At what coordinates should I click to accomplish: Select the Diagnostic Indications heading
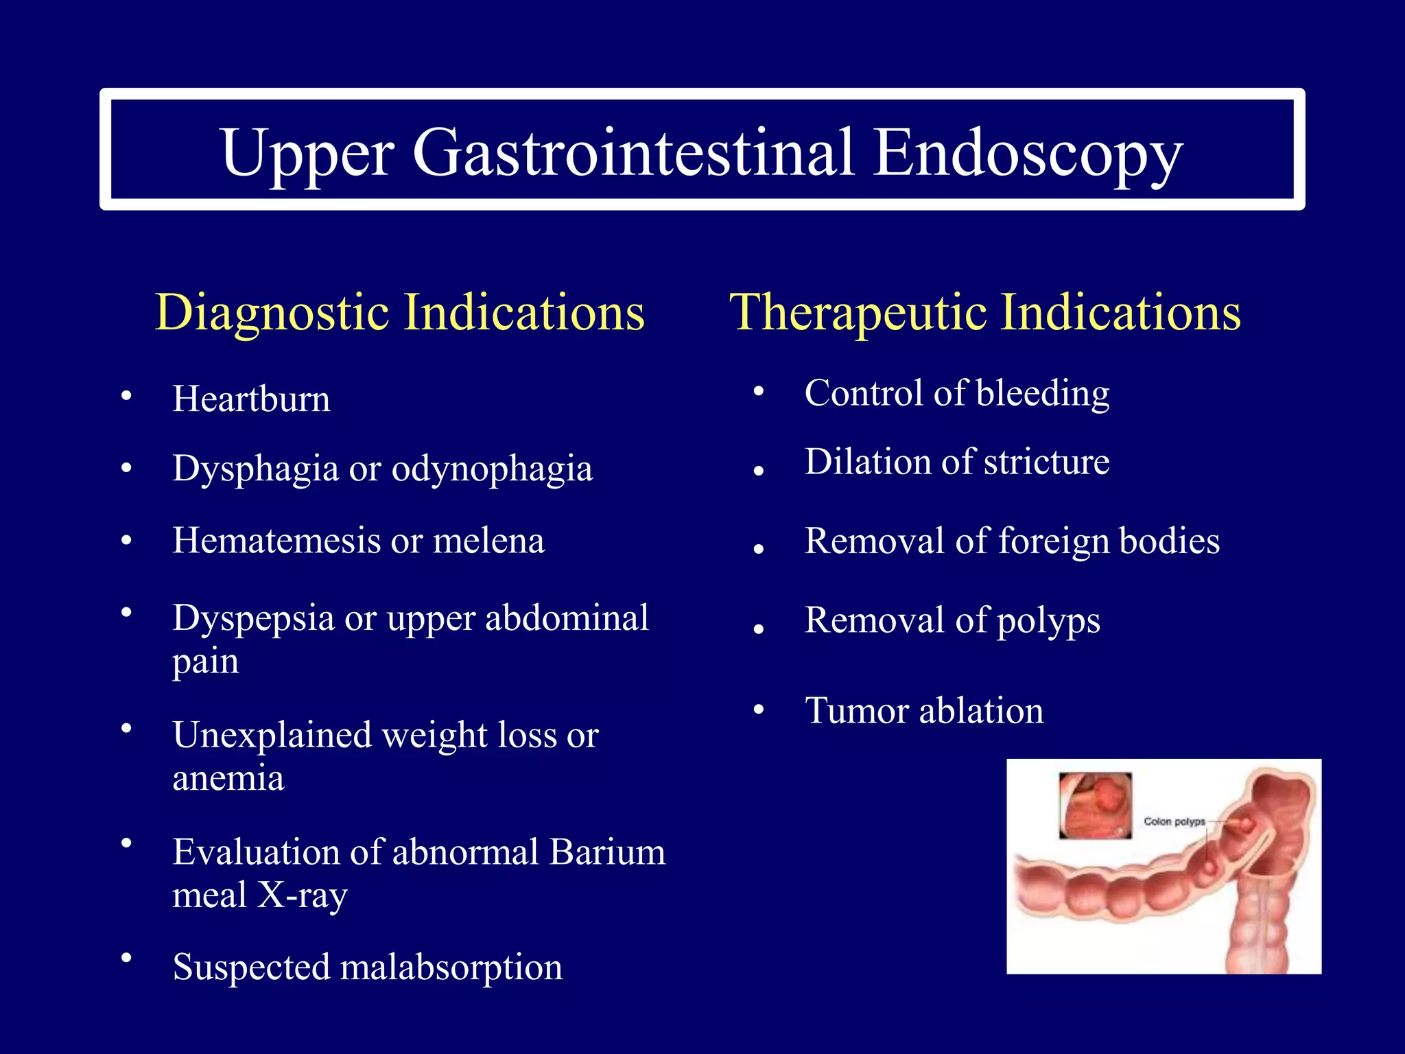pos(400,313)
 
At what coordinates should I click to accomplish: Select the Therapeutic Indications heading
pos(984,313)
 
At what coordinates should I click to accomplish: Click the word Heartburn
pos(251,399)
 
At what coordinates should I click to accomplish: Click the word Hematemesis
pos(276,541)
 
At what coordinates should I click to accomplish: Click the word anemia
pos(228,778)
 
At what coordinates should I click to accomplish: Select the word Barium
pos(607,853)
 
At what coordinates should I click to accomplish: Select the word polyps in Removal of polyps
pos(1048,621)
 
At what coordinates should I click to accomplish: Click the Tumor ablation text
pos(924,711)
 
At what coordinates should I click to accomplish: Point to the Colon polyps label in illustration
pos(1174,821)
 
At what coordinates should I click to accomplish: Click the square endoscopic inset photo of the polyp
pos(1095,806)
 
